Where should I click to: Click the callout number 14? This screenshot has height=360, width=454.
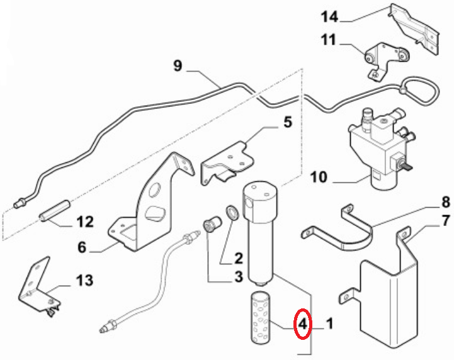(331, 14)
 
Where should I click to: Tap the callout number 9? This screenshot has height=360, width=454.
(178, 65)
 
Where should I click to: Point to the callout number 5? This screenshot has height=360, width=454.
(287, 121)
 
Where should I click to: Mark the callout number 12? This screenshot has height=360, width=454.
(85, 222)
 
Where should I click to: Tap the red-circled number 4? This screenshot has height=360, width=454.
(303, 324)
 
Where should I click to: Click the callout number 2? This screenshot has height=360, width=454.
(239, 257)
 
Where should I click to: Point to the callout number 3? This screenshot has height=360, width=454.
(239, 276)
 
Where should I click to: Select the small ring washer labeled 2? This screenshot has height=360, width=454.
(231, 212)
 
